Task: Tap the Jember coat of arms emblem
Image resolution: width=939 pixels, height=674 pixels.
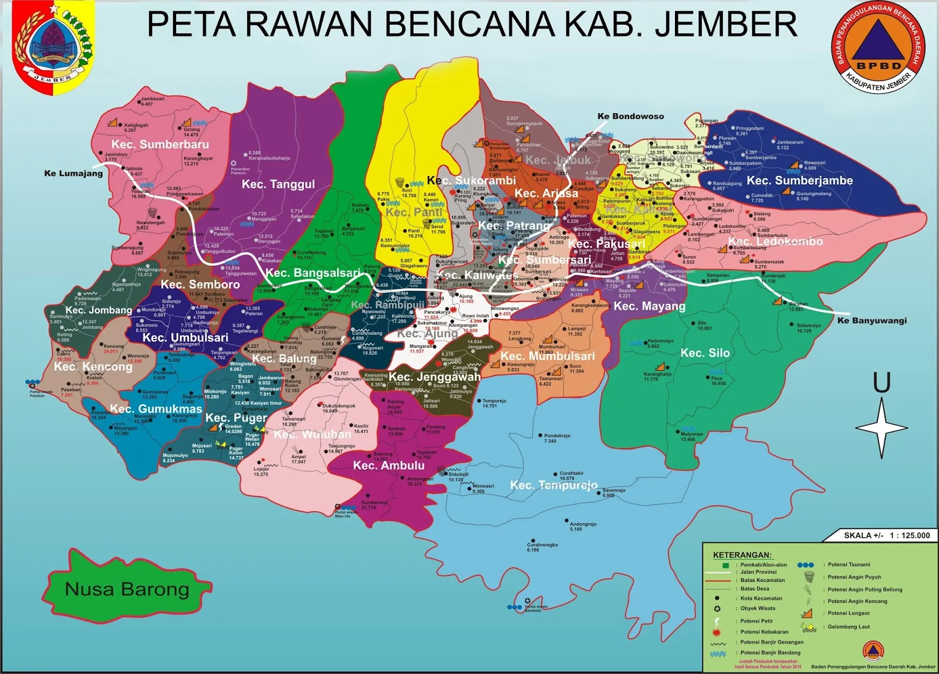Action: tap(53, 47)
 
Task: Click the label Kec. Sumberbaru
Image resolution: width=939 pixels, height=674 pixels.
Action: tap(160, 144)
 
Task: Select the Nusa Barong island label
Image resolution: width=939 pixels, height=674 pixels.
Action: tap(127, 588)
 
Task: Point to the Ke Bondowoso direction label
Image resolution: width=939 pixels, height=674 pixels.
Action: tap(630, 116)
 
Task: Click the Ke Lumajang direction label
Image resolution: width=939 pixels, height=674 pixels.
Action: tap(73, 173)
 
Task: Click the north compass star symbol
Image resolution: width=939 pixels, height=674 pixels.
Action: tap(881, 428)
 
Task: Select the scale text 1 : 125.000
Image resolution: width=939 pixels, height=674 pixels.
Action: tap(910, 535)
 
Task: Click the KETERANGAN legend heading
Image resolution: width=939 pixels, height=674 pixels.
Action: tap(742, 555)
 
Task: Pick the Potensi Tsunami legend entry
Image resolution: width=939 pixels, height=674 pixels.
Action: tap(849, 564)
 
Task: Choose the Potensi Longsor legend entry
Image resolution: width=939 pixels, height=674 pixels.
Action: tap(848, 613)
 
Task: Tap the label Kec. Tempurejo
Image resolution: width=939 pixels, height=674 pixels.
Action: tap(553, 485)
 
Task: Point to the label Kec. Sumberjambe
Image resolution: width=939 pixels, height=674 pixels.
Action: tap(799, 181)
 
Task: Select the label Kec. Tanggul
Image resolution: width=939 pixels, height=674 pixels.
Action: tap(278, 184)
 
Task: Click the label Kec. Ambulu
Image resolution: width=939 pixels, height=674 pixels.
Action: tap(389, 465)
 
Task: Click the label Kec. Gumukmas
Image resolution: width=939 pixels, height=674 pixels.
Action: tap(156, 408)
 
